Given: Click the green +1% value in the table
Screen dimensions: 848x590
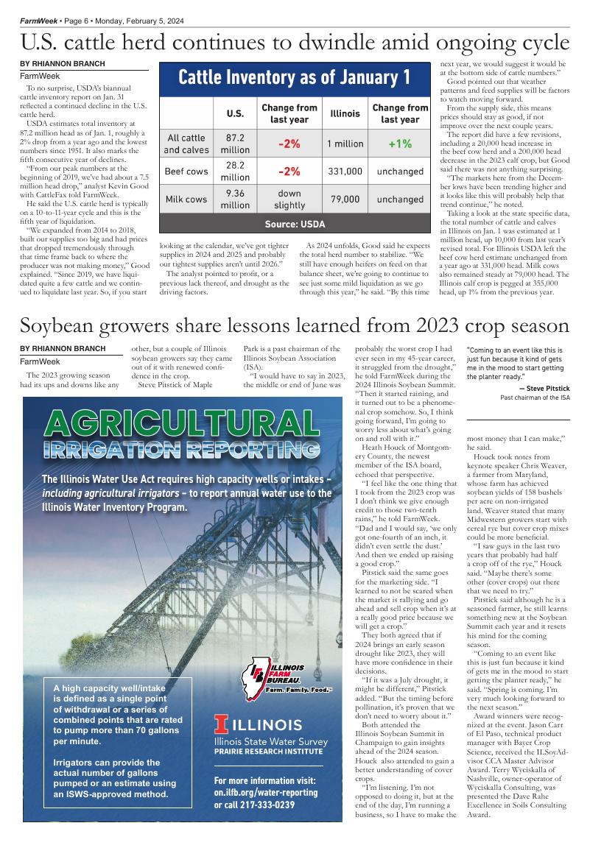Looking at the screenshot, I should (x=400, y=144).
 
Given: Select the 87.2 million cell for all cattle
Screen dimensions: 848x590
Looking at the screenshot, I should (x=235, y=144).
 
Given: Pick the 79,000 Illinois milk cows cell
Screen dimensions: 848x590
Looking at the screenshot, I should (x=345, y=199).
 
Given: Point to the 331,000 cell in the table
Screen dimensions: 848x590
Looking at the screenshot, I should (x=345, y=172).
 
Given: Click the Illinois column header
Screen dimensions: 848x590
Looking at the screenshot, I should (x=345, y=114).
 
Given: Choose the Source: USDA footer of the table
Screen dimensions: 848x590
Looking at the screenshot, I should (x=295, y=223).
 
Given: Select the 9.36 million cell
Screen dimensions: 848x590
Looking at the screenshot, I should (x=235, y=199).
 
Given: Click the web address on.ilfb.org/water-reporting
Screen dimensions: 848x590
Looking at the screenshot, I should (x=266, y=793).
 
